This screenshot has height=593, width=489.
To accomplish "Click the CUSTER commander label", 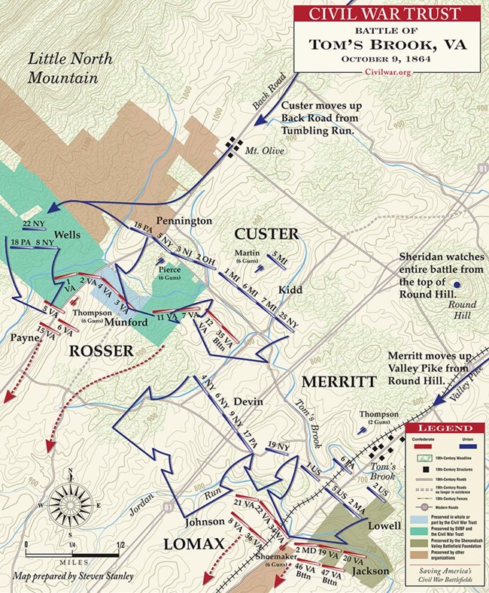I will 266,233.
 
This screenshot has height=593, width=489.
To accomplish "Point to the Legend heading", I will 445,428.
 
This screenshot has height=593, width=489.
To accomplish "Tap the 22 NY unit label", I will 34,224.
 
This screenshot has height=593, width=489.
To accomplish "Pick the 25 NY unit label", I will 288,319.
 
